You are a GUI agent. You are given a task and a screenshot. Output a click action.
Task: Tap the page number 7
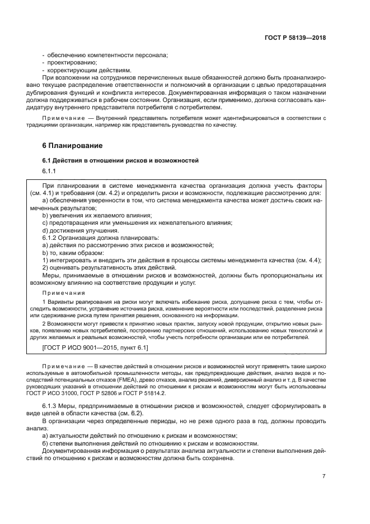[324, 476]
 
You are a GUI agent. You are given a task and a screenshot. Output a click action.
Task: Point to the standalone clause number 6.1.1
[49, 171]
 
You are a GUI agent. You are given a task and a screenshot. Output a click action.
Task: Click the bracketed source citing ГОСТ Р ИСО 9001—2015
[95, 348]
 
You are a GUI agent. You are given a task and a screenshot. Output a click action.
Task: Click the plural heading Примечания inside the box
[63, 293]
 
